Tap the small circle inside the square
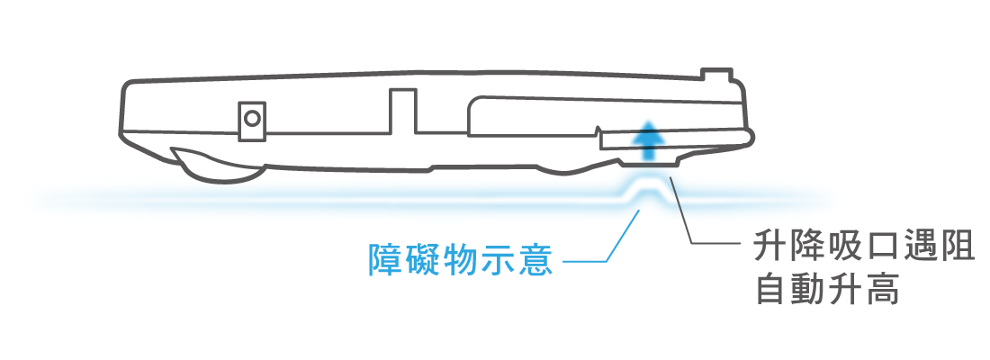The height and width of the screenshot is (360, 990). (x=252, y=118)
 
